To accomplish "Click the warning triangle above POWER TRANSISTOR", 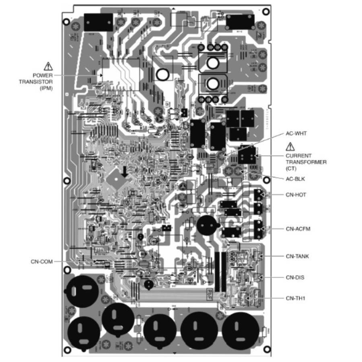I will click(x=48, y=66).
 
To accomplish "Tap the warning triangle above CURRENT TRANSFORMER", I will click(x=290, y=147).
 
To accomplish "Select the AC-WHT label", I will click(x=296, y=133).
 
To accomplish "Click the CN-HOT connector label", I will click(x=296, y=195).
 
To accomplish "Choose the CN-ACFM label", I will click(x=298, y=228).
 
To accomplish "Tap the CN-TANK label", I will click(x=297, y=256).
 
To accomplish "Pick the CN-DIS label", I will click(x=295, y=277).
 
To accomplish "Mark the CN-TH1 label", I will click(x=296, y=298).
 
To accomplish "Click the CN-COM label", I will click(x=41, y=261).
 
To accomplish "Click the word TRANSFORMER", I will click(x=306, y=162).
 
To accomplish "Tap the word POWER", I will click(x=43, y=75).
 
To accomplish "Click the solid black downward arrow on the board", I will click(x=125, y=172).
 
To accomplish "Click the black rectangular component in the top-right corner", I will click(x=240, y=22).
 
